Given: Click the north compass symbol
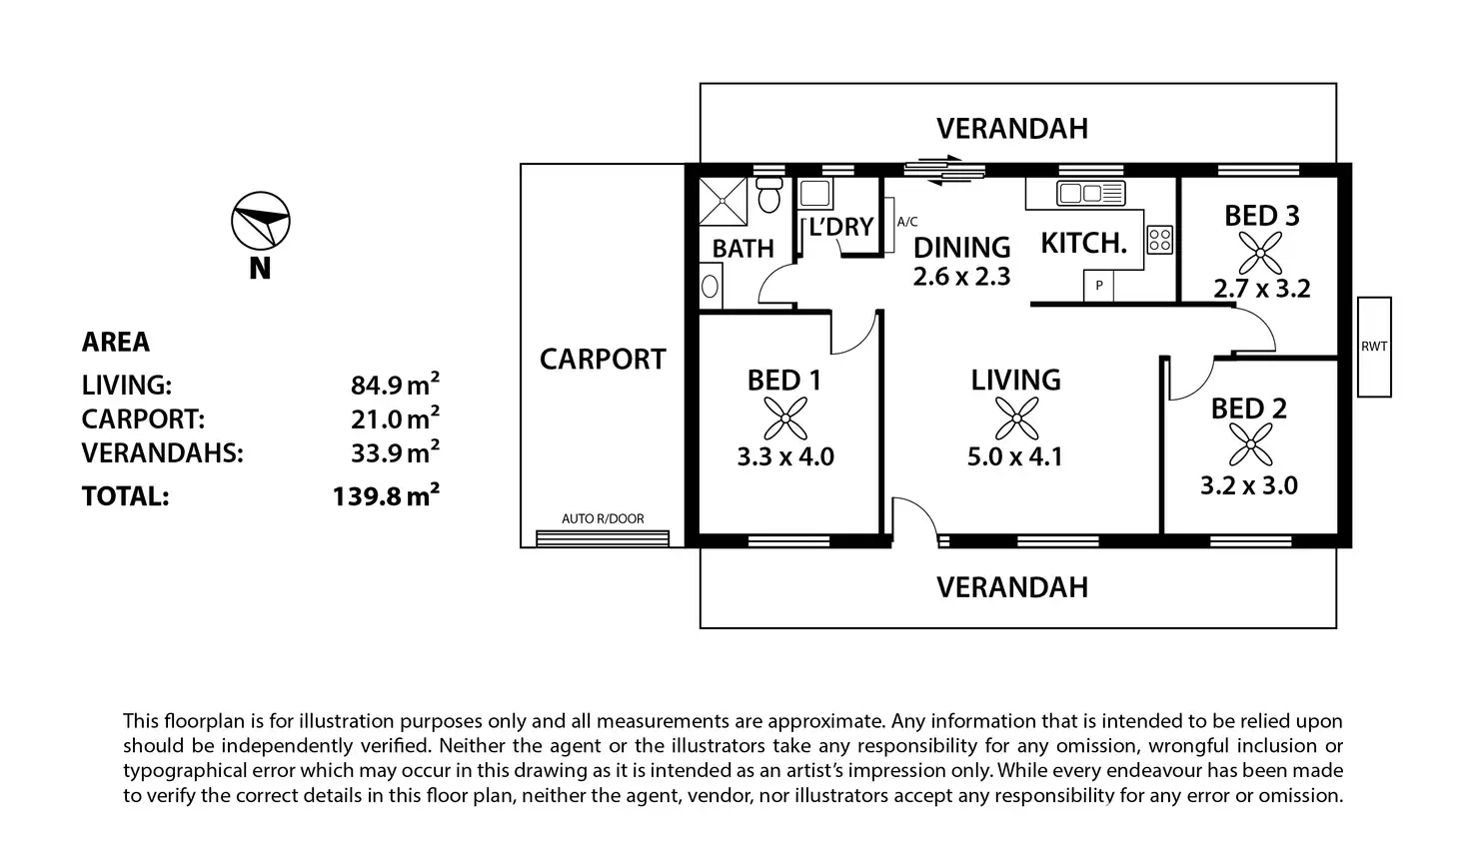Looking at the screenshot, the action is click(x=261, y=221).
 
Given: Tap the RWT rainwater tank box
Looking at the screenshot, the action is click(x=1374, y=347).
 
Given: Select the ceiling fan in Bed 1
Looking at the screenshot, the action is click(x=785, y=419).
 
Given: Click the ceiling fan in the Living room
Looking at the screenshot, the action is click(x=1016, y=419).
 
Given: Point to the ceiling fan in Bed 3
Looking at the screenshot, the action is click(x=1260, y=253).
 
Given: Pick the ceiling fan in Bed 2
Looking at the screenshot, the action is click(x=1250, y=444).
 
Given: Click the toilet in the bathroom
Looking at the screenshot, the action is click(x=769, y=194).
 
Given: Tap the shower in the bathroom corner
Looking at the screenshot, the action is click(x=724, y=201).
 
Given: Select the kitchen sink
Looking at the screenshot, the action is click(x=1091, y=194).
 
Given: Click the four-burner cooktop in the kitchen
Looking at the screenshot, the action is click(x=1160, y=240).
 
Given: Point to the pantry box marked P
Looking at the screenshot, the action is click(x=1098, y=286).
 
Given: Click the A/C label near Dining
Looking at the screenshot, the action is click(x=907, y=222).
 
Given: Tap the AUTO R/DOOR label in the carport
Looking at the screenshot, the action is click(x=603, y=518).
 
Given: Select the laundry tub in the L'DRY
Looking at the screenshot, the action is click(x=815, y=194).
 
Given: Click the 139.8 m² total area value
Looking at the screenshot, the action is click(x=386, y=495).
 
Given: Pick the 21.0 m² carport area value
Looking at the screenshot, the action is click(x=395, y=419).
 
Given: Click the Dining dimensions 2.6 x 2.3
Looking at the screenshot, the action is click(x=961, y=277).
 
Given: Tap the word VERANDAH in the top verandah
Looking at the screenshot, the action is click(x=1012, y=129).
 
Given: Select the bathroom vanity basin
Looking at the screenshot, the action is click(x=710, y=286).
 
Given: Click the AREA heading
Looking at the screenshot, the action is click(x=116, y=342).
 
